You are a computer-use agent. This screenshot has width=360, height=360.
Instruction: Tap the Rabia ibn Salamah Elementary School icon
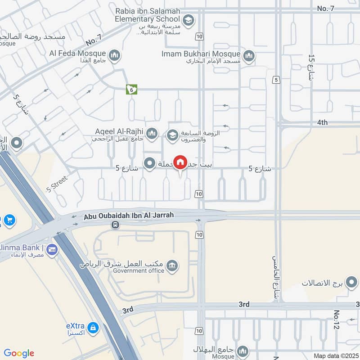point(188,20)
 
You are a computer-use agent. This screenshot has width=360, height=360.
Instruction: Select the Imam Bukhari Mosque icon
point(248,56)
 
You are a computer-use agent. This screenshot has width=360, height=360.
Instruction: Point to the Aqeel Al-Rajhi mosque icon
point(152,133)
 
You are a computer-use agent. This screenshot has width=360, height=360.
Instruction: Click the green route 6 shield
point(131,90)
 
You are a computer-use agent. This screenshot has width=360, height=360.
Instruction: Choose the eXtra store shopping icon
point(93,327)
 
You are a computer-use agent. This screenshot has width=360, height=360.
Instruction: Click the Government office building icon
point(171,267)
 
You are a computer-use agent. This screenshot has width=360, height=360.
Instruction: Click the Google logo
point(18,353)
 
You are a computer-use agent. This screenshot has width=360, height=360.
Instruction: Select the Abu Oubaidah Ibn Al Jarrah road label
point(129,216)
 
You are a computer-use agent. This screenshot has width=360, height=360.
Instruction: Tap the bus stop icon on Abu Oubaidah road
point(116,225)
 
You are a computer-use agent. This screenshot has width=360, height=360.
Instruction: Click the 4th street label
point(322,122)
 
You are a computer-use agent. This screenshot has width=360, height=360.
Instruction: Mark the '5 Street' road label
point(58,183)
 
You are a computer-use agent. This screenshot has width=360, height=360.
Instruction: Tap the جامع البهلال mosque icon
point(243,351)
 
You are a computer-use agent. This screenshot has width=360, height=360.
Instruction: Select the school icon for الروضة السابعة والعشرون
point(172,134)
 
